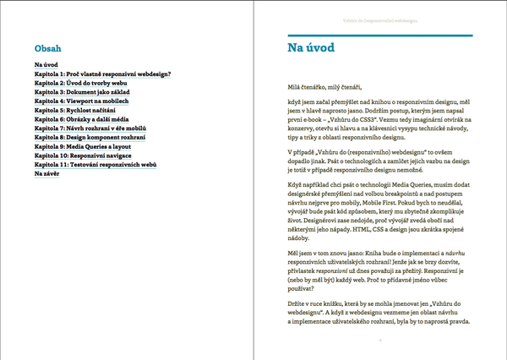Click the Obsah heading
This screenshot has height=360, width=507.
pos(46,49)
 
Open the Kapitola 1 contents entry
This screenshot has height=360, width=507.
pos(103,74)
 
